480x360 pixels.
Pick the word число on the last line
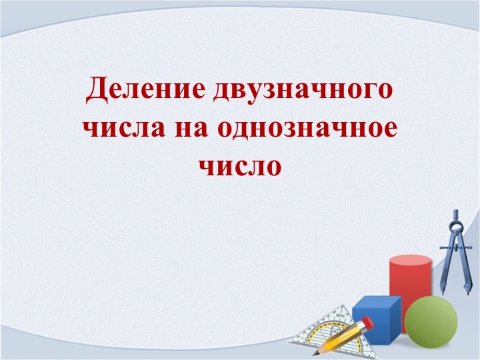pos(239,163)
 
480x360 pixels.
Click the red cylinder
pos(409,280)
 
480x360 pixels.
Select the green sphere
pos(431,322)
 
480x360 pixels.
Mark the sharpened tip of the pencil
pos(315,353)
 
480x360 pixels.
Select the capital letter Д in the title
pos(98,89)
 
